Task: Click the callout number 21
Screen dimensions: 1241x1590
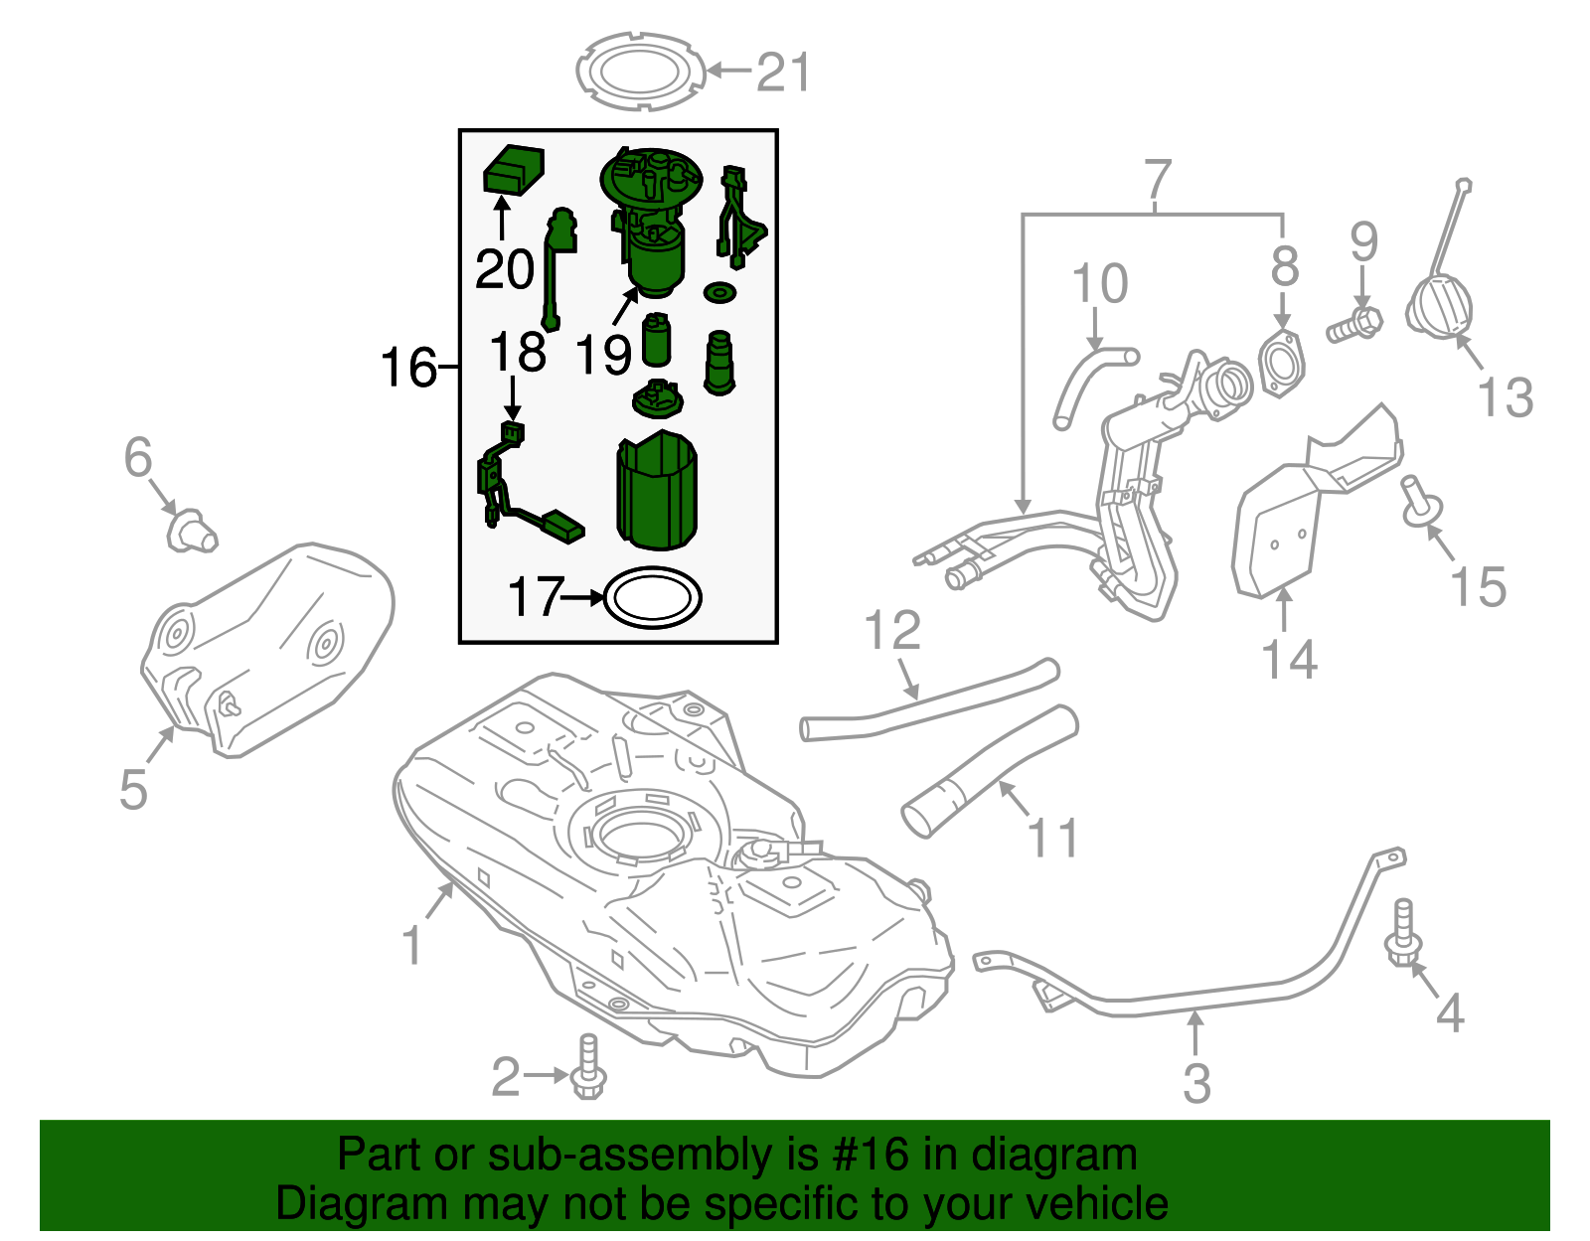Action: point(783,73)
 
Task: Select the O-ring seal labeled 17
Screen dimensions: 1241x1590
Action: point(653,598)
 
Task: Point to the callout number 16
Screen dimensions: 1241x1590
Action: point(408,368)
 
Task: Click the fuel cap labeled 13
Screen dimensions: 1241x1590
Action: point(1439,308)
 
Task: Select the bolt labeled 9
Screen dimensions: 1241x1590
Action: point(1353,324)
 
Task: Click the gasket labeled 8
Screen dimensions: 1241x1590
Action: point(1282,365)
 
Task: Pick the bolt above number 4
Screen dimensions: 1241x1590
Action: point(1403,932)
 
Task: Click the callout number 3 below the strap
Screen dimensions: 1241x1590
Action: point(1196,1082)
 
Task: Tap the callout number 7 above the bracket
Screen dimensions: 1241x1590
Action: point(1158,181)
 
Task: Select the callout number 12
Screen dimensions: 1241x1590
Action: point(892,631)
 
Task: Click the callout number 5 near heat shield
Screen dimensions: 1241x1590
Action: point(133,789)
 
